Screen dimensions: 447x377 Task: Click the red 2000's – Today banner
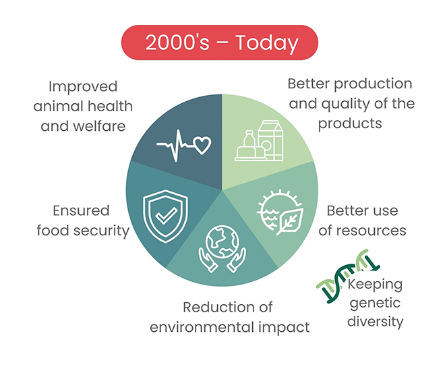pyautogui.click(x=220, y=42)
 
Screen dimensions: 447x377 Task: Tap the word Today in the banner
pyautogui.click(x=267, y=43)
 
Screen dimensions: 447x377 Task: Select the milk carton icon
pyautogui.click(x=270, y=140)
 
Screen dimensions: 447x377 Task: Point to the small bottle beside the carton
pyautogui.click(x=249, y=140)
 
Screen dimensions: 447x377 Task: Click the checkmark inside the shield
pyautogui.click(x=167, y=216)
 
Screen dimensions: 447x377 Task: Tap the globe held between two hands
pyautogui.click(x=222, y=242)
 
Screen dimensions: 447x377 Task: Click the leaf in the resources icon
pyautogui.click(x=290, y=222)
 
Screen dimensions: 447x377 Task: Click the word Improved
pyautogui.click(x=83, y=87)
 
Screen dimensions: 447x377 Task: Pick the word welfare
pyautogui.click(x=99, y=125)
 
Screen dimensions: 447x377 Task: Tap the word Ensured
pyautogui.click(x=82, y=210)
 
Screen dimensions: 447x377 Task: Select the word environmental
pyautogui.click(x=202, y=327)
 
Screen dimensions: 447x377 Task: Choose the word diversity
pyautogui.click(x=375, y=322)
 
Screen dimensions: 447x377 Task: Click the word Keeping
pyautogui.click(x=375, y=285)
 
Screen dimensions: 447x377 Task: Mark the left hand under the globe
pyautogui.click(x=208, y=260)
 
